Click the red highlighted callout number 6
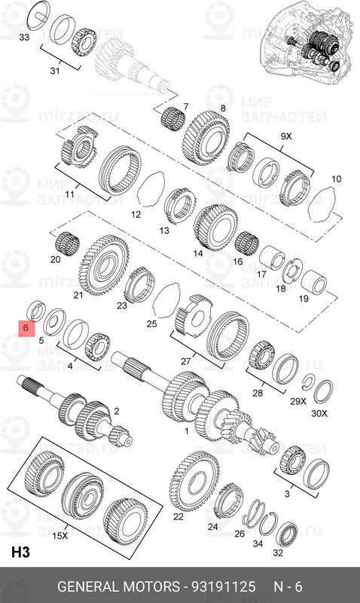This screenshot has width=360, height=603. (x=25, y=329)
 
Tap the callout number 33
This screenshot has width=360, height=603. (x=25, y=37)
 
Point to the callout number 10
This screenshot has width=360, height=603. (x=336, y=179)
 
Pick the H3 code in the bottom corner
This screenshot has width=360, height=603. (x=20, y=552)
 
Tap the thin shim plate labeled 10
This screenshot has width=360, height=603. (x=325, y=201)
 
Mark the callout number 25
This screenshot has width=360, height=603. (x=151, y=323)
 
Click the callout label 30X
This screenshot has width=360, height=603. (x=320, y=414)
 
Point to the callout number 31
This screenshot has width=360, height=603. (x=53, y=71)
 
